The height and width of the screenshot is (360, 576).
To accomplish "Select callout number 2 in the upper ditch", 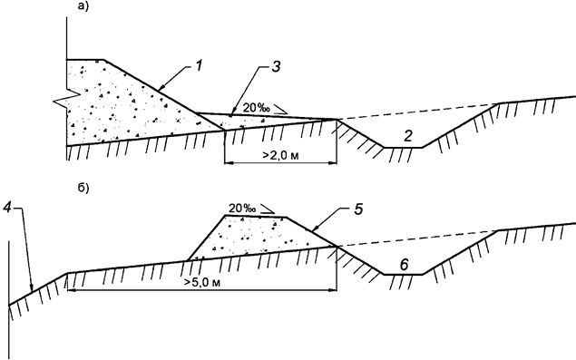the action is (x=409, y=136).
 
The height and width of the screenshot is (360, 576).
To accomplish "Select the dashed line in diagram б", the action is (x=417, y=238).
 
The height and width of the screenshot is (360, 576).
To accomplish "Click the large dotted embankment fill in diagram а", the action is (x=118, y=104).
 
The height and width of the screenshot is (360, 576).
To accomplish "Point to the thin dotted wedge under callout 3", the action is (x=263, y=122).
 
